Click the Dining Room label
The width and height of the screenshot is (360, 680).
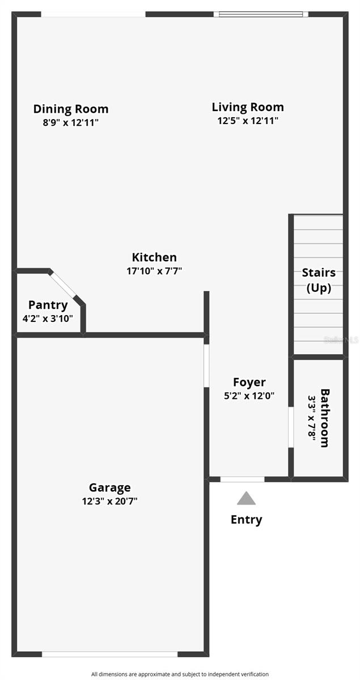pyautogui.click(x=71, y=109)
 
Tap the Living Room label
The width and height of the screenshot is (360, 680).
pyautogui.click(x=248, y=107)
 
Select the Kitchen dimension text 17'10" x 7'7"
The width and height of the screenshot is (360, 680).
pyautogui.click(x=154, y=271)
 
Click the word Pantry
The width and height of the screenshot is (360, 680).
pyautogui.click(x=48, y=305)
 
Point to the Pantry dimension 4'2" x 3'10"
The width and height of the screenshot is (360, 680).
pyautogui.click(x=48, y=318)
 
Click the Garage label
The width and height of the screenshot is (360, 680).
pyautogui.click(x=109, y=487)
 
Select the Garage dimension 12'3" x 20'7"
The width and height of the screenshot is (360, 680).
pyautogui.click(x=109, y=501)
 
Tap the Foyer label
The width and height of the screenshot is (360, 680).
pyautogui.click(x=249, y=382)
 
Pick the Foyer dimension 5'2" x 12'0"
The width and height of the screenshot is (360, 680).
pyautogui.click(x=249, y=396)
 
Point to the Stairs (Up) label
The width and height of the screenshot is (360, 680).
pyautogui.click(x=319, y=280)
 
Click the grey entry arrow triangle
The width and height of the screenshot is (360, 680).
pyautogui.click(x=246, y=499)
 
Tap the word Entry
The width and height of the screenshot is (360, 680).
pyautogui.click(x=246, y=520)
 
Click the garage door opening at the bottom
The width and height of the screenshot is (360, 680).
pyautogui.click(x=109, y=654)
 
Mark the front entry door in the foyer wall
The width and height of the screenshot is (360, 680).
pyautogui.click(x=242, y=479)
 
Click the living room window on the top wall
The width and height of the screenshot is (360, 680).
pyautogui.click(x=261, y=14)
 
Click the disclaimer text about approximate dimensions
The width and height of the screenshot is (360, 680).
pyautogui.click(x=180, y=674)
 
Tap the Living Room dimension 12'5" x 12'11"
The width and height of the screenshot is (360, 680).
pyautogui.click(x=248, y=120)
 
